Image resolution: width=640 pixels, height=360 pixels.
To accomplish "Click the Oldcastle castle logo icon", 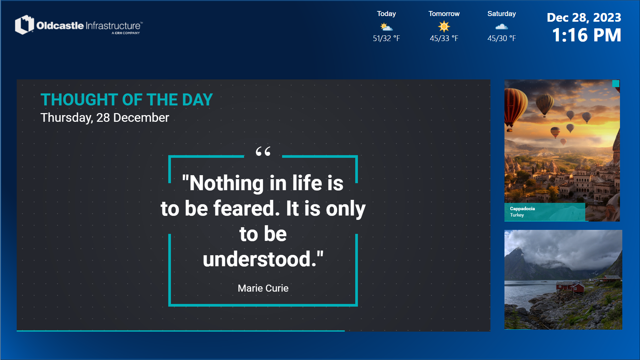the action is pyautogui.click(x=24, y=25).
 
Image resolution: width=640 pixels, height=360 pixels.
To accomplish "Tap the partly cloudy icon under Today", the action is pyautogui.click(x=386, y=27).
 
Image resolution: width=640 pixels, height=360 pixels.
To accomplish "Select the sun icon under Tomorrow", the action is pyautogui.click(x=444, y=26).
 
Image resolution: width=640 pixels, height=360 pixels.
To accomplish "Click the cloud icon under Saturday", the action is pyautogui.click(x=501, y=27).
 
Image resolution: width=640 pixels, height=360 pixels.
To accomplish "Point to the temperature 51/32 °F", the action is pyautogui.click(x=386, y=38).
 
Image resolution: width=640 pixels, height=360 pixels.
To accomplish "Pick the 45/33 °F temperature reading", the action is pyautogui.click(x=444, y=38).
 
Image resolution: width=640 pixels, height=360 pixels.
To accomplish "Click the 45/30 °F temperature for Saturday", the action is pyautogui.click(x=501, y=38).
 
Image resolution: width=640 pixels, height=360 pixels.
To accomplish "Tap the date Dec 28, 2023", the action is pyautogui.click(x=584, y=17).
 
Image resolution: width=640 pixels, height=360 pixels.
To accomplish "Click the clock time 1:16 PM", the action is pyautogui.click(x=587, y=35).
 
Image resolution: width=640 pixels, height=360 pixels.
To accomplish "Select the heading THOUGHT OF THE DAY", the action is pyautogui.click(x=127, y=100).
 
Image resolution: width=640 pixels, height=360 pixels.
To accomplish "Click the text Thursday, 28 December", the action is pyautogui.click(x=105, y=118).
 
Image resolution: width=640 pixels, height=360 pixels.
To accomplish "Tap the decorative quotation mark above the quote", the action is pyautogui.click(x=263, y=151).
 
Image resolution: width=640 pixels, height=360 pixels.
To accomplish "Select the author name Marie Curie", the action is pyautogui.click(x=263, y=288).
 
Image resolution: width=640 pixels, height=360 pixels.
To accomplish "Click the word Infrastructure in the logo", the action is pyautogui.click(x=113, y=26).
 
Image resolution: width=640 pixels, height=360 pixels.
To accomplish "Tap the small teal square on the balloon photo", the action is pyautogui.click(x=616, y=83).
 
